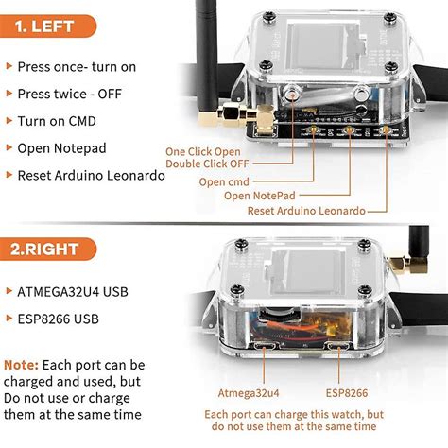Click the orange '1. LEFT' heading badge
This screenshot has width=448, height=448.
47,26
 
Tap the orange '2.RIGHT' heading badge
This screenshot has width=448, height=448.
47,250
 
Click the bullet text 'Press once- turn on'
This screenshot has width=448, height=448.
77,67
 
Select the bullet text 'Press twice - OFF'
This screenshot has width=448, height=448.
69,94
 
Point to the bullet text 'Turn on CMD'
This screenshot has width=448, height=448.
57,121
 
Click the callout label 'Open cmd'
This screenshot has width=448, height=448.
224,181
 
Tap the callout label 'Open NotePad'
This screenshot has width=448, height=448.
260,196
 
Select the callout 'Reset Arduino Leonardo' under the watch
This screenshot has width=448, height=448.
306,211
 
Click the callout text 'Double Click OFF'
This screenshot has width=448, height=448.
207,164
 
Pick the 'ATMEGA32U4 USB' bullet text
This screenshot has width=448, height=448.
73,292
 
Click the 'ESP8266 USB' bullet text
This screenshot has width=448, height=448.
59,319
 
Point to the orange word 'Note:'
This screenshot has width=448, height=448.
21,365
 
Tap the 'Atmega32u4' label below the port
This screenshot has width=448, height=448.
249,393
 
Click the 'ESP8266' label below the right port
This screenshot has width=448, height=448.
347,393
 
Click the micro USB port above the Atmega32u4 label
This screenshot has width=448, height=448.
265,347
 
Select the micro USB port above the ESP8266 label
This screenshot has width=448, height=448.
339,347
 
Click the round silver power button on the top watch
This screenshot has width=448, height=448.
292,93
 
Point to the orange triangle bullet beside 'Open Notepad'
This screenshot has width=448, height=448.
9,147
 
